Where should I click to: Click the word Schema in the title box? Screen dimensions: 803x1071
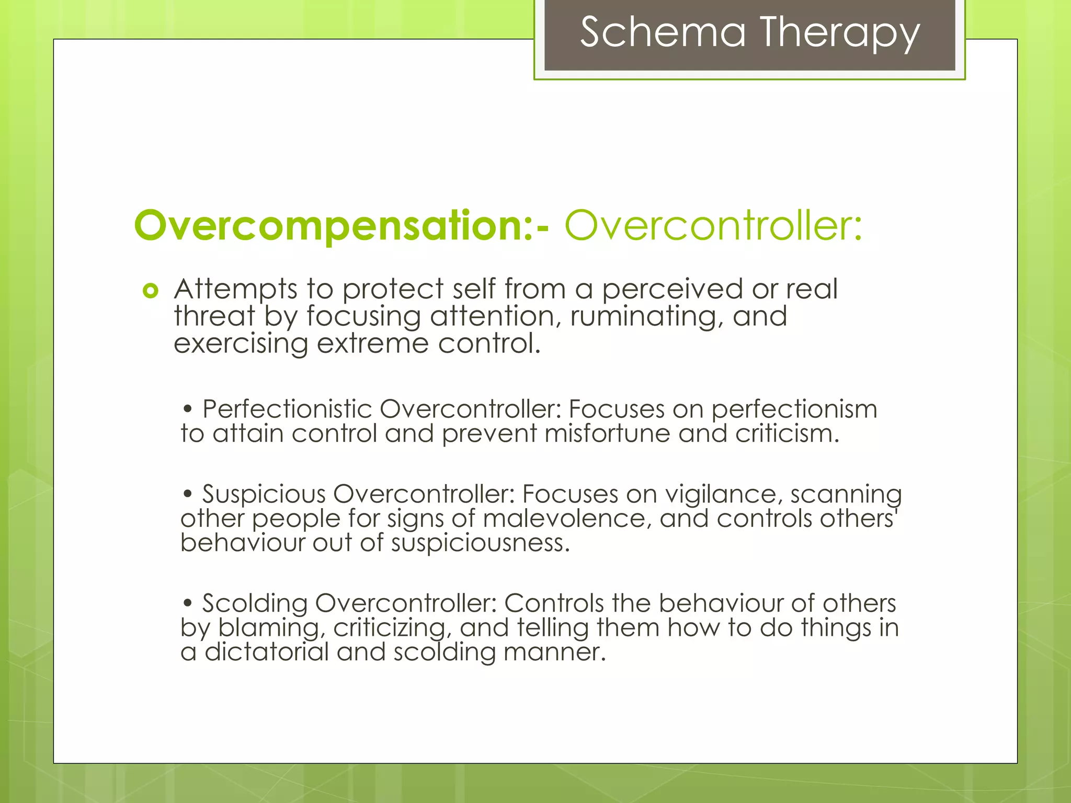tap(663, 32)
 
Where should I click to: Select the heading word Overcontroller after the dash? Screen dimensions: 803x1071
tap(713, 226)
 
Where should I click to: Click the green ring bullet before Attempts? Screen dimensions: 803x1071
tap(150, 291)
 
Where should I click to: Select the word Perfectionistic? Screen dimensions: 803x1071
tap(287, 409)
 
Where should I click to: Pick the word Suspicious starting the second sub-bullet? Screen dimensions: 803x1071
tap(264, 495)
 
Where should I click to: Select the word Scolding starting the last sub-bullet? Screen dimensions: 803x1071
tap(255, 604)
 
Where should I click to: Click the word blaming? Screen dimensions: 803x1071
tap(271, 628)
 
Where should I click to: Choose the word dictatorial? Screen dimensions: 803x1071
tap(266, 652)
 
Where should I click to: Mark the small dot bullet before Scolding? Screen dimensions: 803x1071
tap(188, 604)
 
